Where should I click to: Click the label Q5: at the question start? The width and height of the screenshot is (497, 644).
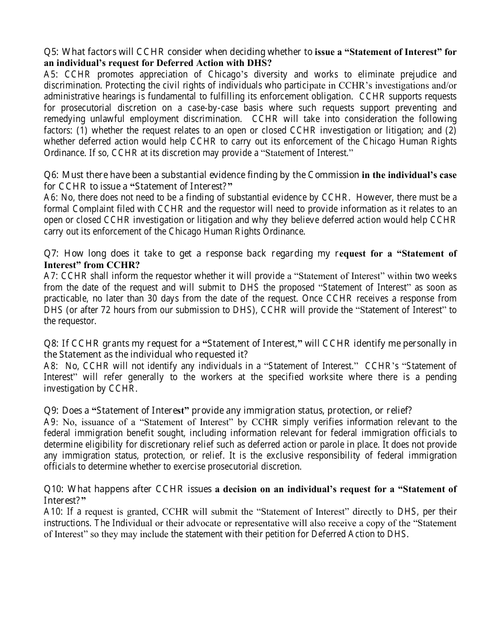(52, 52)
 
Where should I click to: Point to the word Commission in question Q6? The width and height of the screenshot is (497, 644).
(333, 175)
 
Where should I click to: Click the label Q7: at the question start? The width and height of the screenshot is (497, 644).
(52, 253)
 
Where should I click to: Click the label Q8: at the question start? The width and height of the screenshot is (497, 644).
(52, 343)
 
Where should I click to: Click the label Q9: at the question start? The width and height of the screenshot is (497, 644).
(52, 410)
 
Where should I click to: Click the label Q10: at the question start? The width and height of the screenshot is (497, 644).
(54, 489)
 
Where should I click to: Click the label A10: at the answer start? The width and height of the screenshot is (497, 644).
(54, 512)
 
